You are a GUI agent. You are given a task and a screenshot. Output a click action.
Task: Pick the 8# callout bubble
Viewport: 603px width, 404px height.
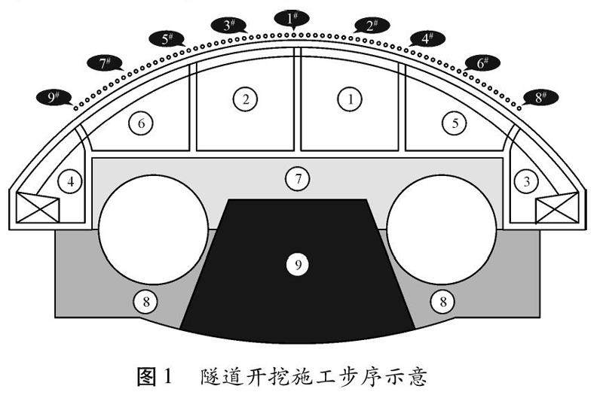pyautogui.click(x=539, y=97)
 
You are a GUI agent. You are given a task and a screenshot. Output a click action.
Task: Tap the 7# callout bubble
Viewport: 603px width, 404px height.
pyautogui.click(x=106, y=63)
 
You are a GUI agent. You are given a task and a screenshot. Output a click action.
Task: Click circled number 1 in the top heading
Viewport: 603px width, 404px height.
pyautogui.click(x=349, y=98)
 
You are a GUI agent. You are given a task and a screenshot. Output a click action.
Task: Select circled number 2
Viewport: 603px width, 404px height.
pyautogui.click(x=245, y=98)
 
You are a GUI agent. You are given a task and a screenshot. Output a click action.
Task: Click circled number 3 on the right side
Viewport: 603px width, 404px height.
pyautogui.click(x=526, y=181)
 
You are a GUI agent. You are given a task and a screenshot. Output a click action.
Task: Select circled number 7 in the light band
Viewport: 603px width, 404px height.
pyautogui.click(x=298, y=179)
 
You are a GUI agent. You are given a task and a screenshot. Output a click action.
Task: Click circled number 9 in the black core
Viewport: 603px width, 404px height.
pyautogui.click(x=298, y=264)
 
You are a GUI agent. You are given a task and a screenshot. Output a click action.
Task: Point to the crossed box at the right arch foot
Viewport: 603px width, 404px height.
pyautogui.click(x=558, y=208)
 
